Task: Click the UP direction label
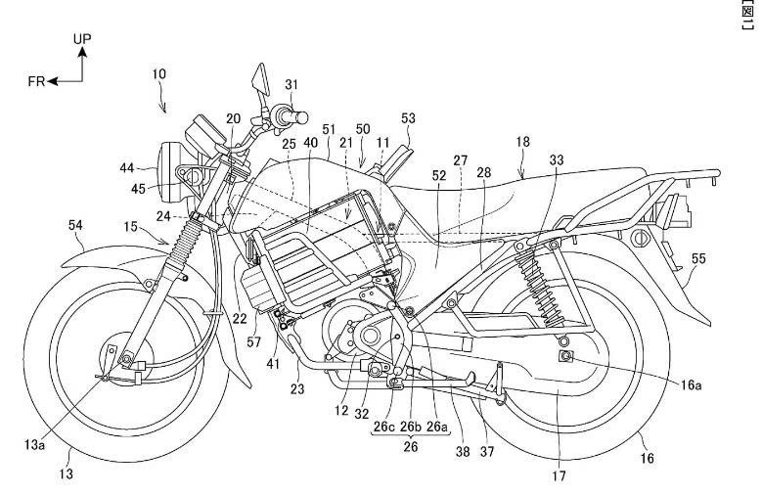(x=84, y=38)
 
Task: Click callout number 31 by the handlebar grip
(x=291, y=85)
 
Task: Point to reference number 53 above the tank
(x=408, y=117)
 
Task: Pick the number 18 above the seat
(x=523, y=142)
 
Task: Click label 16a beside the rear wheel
(x=692, y=384)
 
